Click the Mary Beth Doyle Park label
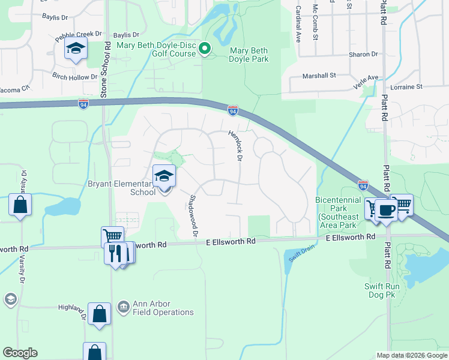pyautogui.click(x=249, y=54)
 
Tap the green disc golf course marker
pyautogui.click(x=205, y=49)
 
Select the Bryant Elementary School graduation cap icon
pyautogui.click(x=164, y=176)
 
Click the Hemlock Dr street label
pyautogui.click(x=235, y=146)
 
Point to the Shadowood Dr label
pyautogui.click(x=193, y=215)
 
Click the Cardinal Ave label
pyautogui.click(x=298, y=23)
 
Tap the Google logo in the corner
pyautogui.click(x=20, y=353)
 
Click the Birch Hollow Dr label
pyautogui.click(x=75, y=77)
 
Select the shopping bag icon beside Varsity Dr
pyautogui.click(x=20, y=205)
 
